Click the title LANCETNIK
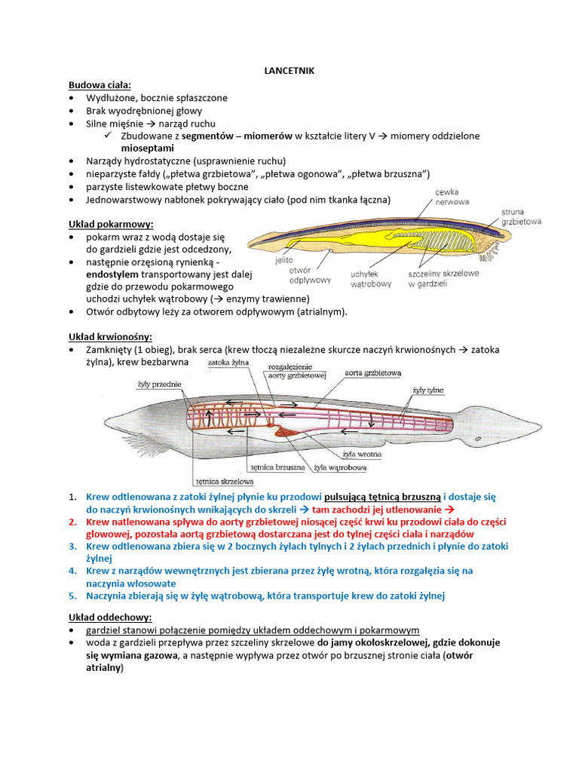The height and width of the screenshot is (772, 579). coord(289,70)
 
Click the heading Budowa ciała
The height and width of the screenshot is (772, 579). coord(100,84)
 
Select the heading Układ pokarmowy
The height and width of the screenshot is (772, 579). coord(111,224)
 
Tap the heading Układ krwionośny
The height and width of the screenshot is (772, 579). coord(110,336)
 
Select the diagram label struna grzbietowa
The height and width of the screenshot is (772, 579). coord(522,217)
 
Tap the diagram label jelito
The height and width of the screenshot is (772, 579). coord(284,259)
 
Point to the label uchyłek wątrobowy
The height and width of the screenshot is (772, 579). coord(370,279)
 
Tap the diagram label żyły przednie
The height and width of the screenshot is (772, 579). coord(160,384)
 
